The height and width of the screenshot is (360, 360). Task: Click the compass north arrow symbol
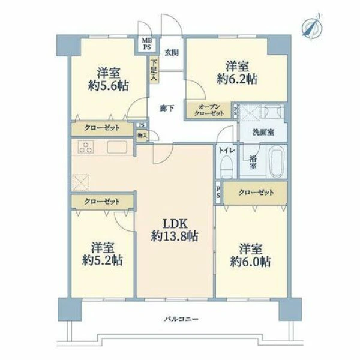coord(312,26)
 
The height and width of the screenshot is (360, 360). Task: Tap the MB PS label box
coord(147,44)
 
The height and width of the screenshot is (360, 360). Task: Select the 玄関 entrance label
coord(172,53)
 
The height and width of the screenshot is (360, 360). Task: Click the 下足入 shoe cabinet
coord(154,70)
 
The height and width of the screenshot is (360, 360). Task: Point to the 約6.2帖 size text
coord(237,79)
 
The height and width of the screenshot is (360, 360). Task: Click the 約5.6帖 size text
coord(108,86)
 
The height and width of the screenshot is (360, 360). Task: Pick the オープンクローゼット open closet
coord(209,110)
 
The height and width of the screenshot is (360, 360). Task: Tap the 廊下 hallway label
coord(167,108)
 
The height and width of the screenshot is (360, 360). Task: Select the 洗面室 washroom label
coord(263,132)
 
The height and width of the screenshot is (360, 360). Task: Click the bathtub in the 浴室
coord(277,161)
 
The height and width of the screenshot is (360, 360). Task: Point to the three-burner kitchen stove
coord(86,147)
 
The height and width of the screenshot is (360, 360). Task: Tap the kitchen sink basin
coord(117,147)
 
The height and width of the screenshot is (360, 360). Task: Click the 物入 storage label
coord(142,136)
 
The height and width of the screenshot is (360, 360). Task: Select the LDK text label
coord(175,223)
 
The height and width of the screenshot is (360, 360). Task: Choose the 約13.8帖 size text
coord(175,236)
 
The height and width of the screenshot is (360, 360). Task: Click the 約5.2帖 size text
coord(103,260)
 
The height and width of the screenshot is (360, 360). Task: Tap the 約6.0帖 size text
coord(250,262)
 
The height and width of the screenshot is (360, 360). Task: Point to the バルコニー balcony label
coord(181,319)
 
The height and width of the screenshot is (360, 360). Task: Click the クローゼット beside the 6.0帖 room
coord(256,193)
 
